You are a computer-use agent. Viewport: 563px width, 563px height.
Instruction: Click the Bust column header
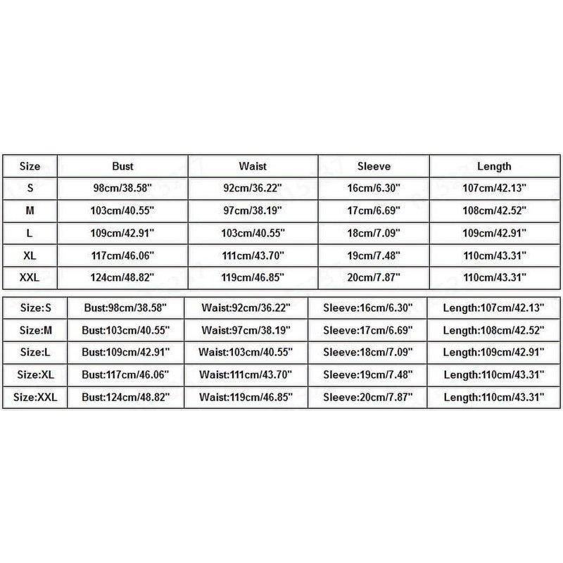122,167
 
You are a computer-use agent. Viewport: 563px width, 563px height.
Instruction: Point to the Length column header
493,167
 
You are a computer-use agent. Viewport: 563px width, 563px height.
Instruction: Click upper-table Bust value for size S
122,189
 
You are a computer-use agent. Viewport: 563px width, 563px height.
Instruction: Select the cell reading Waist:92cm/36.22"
246,307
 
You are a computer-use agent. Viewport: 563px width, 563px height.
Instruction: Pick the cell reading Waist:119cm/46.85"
246,398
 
